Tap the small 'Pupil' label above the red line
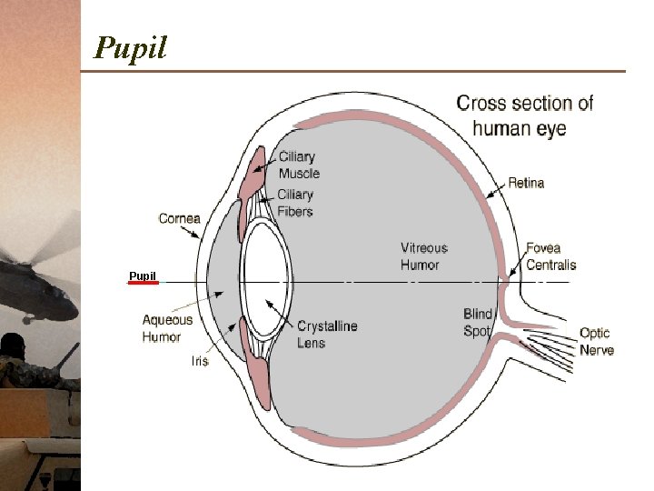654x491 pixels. pos(143,276)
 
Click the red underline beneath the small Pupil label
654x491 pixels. pos(143,283)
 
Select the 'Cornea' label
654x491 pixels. pos(179,218)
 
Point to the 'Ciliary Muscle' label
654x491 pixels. pos(299,165)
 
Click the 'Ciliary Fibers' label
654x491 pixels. pos(295,203)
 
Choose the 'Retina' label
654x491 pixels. pos(526,183)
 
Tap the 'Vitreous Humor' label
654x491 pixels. pos(423,256)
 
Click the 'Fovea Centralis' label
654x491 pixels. pos(550,256)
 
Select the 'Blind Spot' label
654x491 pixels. pos(478,323)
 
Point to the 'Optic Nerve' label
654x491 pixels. pos(596,341)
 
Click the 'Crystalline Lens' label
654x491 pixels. pos(327,334)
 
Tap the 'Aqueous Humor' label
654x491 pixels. pos(167,328)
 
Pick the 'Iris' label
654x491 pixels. pos(199,361)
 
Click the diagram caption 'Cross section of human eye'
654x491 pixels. pos(524,115)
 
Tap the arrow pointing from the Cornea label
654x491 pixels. pos(193,232)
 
